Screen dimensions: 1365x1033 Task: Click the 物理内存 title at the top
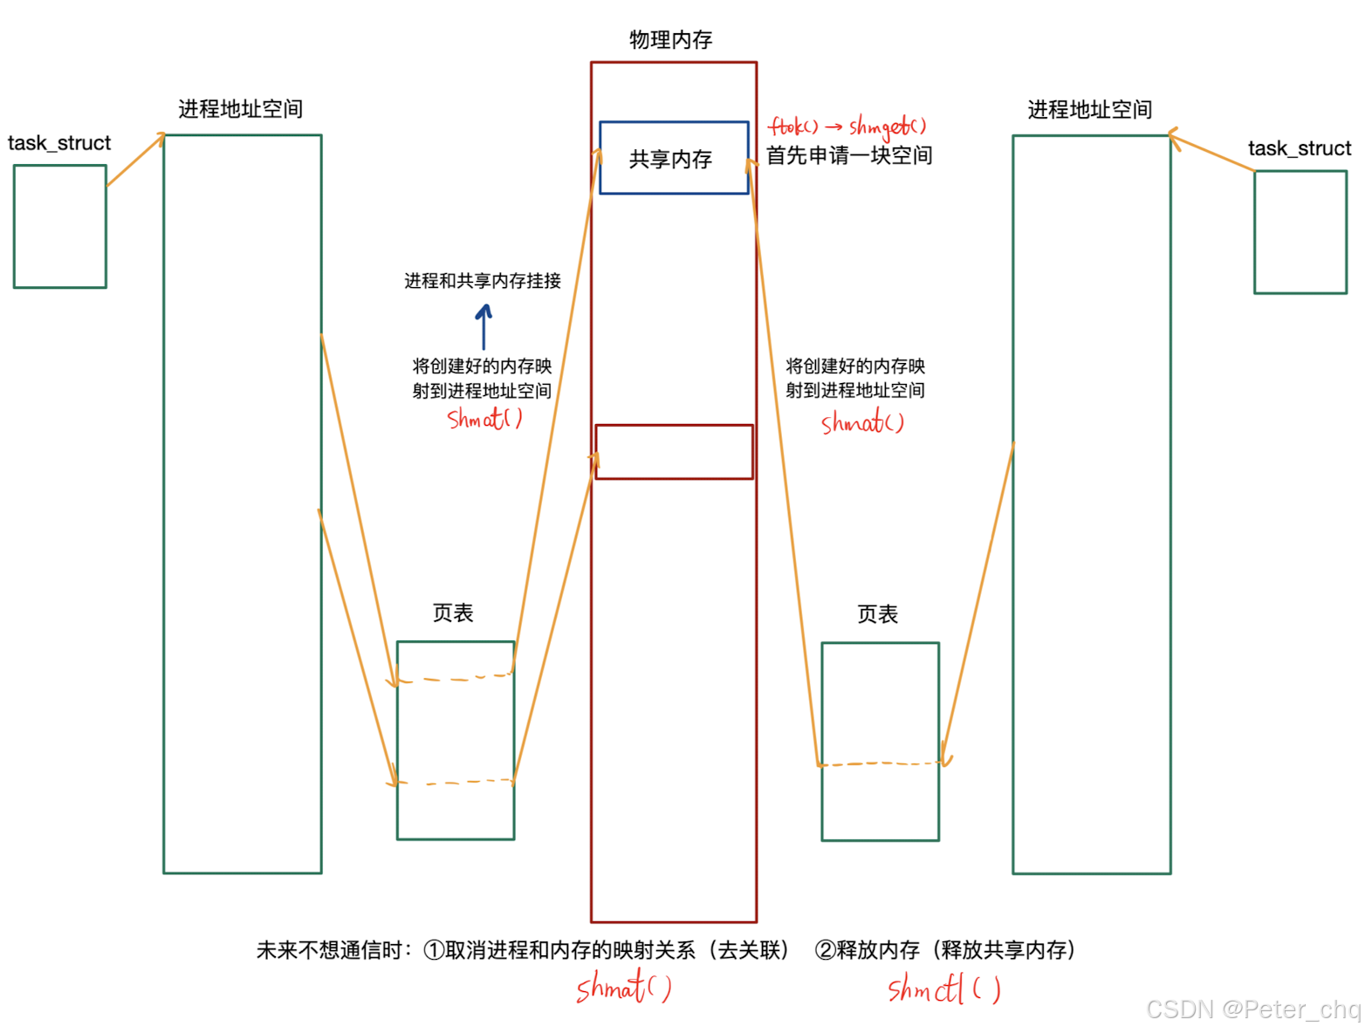click(670, 40)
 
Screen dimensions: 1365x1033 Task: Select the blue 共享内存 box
click(673, 158)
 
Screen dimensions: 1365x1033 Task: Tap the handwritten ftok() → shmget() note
click(847, 127)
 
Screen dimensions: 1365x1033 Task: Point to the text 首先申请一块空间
click(848, 156)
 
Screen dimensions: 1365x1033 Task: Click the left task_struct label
click(59, 143)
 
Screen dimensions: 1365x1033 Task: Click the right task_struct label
click(1299, 148)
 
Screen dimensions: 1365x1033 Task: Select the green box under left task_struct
click(60, 226)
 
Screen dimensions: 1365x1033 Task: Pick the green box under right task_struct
click(1300, 232)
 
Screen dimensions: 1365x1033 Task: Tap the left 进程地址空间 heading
click(240, 109)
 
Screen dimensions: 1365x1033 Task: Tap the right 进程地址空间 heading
click(1089, 110)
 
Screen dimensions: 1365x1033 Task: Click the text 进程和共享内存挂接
click(482, 281)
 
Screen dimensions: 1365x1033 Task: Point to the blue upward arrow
click(484, 325)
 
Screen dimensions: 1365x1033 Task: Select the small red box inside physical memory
click(674, 452)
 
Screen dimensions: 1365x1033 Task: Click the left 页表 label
click(453, 613)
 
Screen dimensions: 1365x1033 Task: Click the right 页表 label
click(877, 615)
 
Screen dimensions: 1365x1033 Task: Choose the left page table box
click(456, 741)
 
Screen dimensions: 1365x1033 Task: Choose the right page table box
click(880, 742)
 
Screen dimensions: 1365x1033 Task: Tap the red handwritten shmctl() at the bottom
click(943, 990)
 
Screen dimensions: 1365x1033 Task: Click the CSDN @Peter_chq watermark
click(1252, 1009)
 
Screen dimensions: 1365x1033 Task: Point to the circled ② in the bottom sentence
click(825, 950)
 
